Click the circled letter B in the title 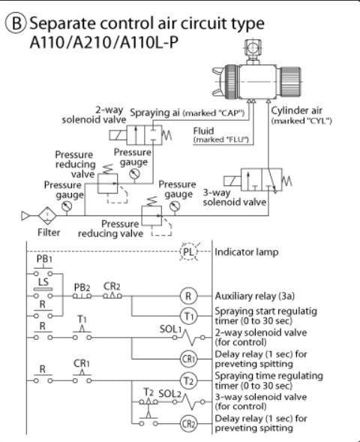tap(16, 23)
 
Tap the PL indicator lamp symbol tap(189, 251)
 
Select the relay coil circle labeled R tap(188, 296)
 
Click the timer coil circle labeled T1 tap(188, 316)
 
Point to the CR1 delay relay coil tap(188, 359)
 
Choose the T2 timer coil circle tap(188, 380)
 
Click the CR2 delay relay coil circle tap(188, 423)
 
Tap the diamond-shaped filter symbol tap(47, 216)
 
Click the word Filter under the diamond tap(49, 233)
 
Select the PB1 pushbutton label tap(44, 259)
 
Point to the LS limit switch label tap(43, 281)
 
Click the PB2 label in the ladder tap(82, 287)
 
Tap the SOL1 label tap(170, 329)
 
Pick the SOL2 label tap(169, 393)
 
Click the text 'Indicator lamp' tap(247, 252)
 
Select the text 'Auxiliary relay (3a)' tap(255, 296)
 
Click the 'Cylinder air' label tap(296, 110)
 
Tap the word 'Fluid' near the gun tap(203, 131)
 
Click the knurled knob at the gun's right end tap(290, 82)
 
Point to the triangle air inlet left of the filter tap(25, 216)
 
